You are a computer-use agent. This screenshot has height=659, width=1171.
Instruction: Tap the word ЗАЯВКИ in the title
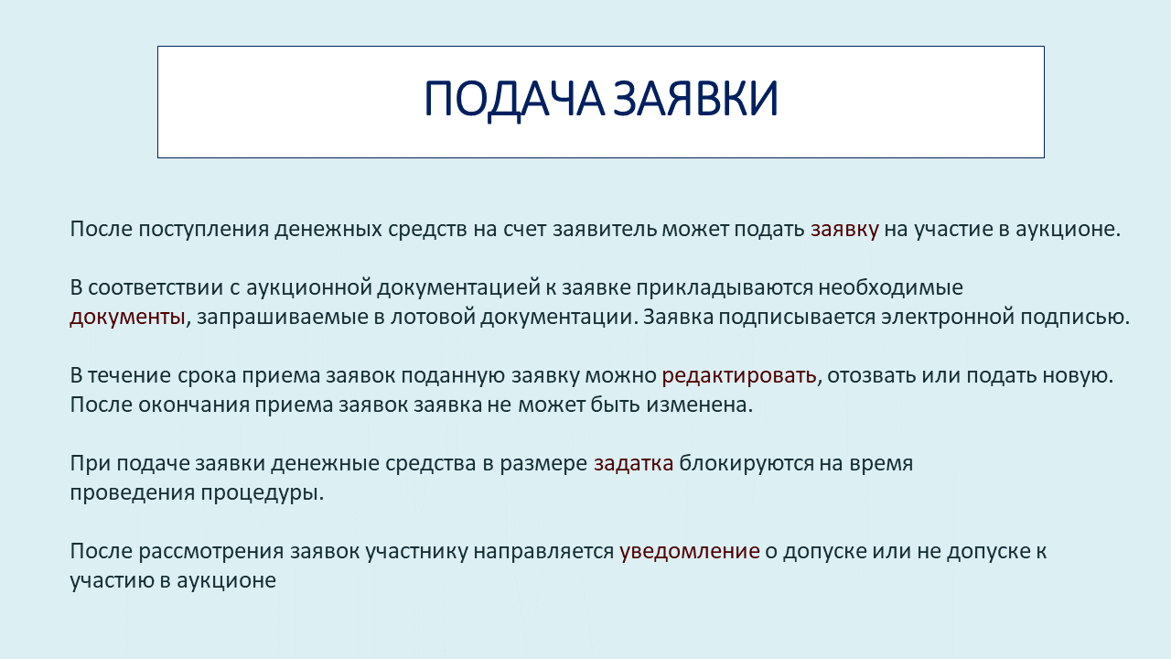pos(695,98)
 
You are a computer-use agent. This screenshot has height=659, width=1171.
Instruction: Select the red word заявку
pos(844,230)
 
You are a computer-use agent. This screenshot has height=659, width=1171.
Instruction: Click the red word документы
pos(127,318)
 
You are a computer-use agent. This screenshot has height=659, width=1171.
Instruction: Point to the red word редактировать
pos(739,376)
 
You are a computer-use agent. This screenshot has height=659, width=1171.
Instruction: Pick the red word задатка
pos(634,464)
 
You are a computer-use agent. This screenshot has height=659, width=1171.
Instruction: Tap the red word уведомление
pos(690,552)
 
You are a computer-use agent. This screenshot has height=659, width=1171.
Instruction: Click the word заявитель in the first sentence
pos(605,229)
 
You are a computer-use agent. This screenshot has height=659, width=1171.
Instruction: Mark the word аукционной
pos(309,288)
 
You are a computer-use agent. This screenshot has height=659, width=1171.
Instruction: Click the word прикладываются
pos(725,288)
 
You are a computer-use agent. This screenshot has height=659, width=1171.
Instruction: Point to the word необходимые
pos(891,287)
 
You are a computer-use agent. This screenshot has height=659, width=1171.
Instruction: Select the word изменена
pos(700,405)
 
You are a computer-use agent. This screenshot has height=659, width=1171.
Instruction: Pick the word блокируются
pos(747,464)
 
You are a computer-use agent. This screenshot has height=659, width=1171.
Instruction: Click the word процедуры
pos(263,493)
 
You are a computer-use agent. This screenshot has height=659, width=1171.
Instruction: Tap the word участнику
pos(416,552)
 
